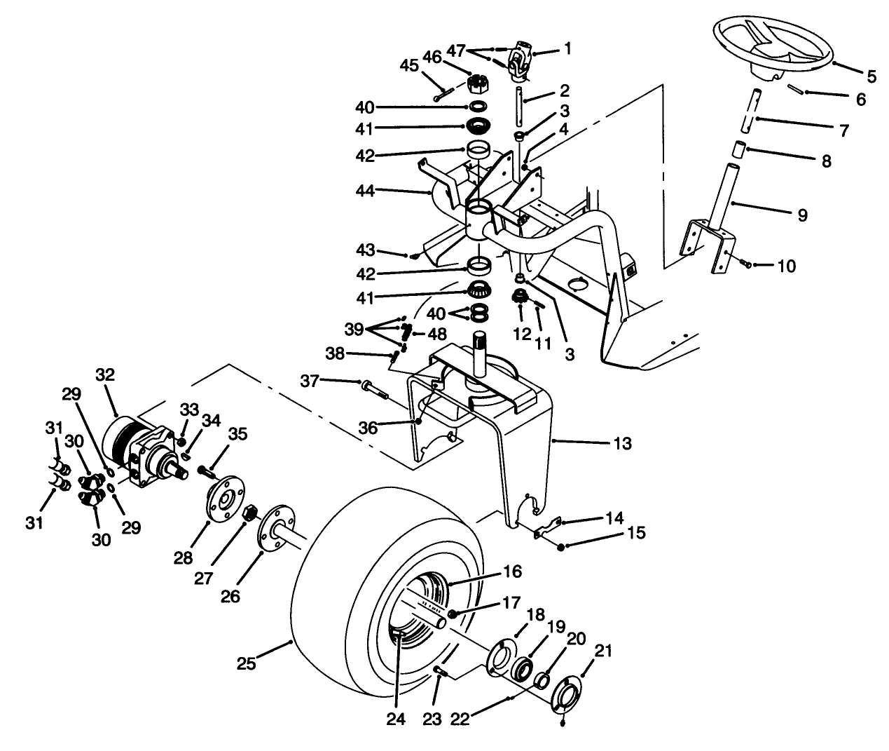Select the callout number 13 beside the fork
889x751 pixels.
[x=621, y=443]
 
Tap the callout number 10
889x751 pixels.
[x=787, y=266]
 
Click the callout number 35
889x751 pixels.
[x=237, y=435]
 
